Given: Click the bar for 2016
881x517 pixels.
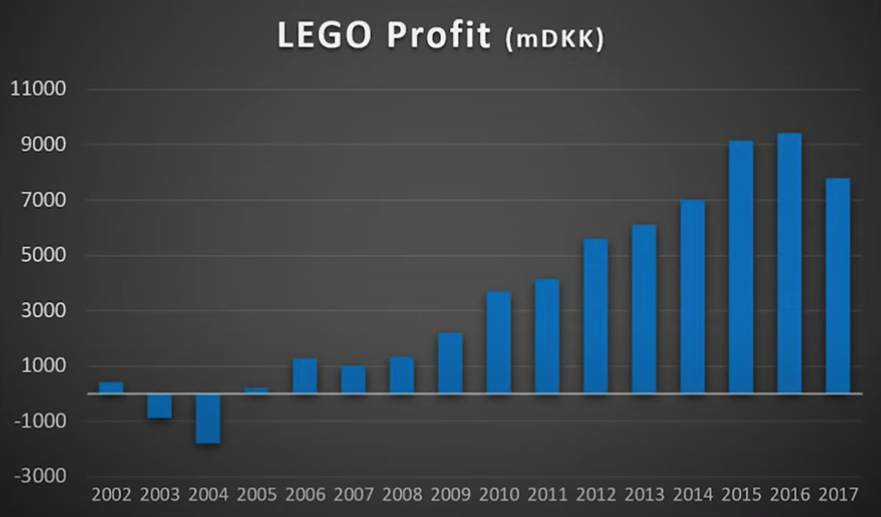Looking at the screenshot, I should tap(788, 263).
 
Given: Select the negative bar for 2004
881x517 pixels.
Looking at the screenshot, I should tap(208, 418).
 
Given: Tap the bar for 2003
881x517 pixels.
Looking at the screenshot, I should tap(159, 406).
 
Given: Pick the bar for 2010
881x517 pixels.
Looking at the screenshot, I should tap(498, 342).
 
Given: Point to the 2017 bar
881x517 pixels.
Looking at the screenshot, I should tap(838, 286).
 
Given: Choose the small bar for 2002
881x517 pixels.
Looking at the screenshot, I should tap(111, 388).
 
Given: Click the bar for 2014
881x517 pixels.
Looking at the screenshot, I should tap(692, 297).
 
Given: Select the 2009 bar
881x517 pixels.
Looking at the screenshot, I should tap(450, 363).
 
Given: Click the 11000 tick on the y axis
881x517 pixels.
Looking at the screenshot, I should tap(37, 90).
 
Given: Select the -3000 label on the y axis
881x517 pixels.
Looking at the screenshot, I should tap(39, 476).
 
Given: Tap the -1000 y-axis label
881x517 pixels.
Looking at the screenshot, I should tap(39, 421).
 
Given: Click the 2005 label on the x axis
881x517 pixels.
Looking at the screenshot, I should tap(257, 496).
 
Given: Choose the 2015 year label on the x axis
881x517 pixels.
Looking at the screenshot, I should tap(741, 496).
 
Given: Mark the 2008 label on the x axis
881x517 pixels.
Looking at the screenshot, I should tap(402, 496).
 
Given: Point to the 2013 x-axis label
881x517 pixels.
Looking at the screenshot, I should tap(644, 496).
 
